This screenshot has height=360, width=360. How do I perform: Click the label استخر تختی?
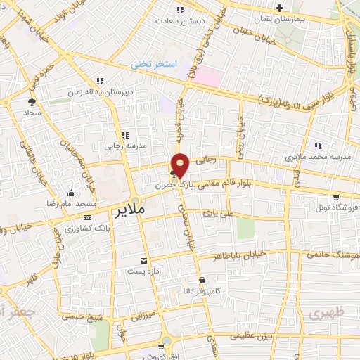pos(150,65)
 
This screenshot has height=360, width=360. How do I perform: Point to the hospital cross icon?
pos(280,8)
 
